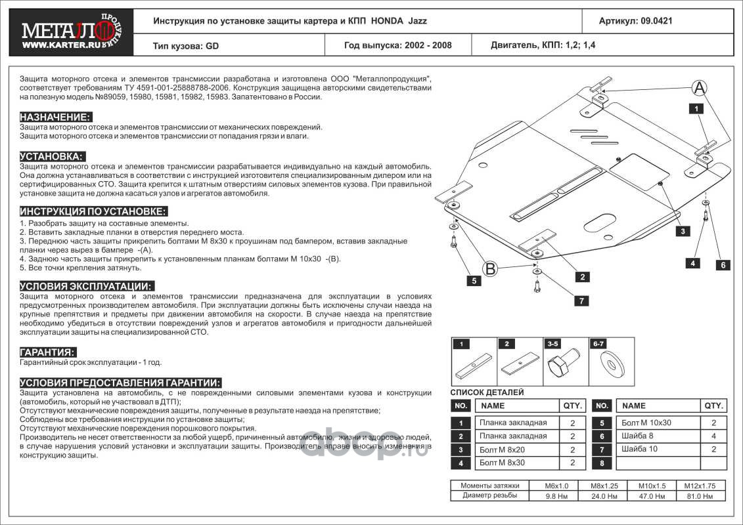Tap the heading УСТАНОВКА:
point(52,156)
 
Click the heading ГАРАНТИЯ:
point(47,352)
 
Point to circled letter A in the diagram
point(700,87)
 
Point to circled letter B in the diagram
point(490,268)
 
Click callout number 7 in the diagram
point(581,301)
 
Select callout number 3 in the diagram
point(683,230)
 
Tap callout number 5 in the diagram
point(472,281)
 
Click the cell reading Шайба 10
point(640,450)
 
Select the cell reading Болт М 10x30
point(647,423)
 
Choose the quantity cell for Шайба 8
point(713,436)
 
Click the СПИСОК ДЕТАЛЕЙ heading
point(487,392)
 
